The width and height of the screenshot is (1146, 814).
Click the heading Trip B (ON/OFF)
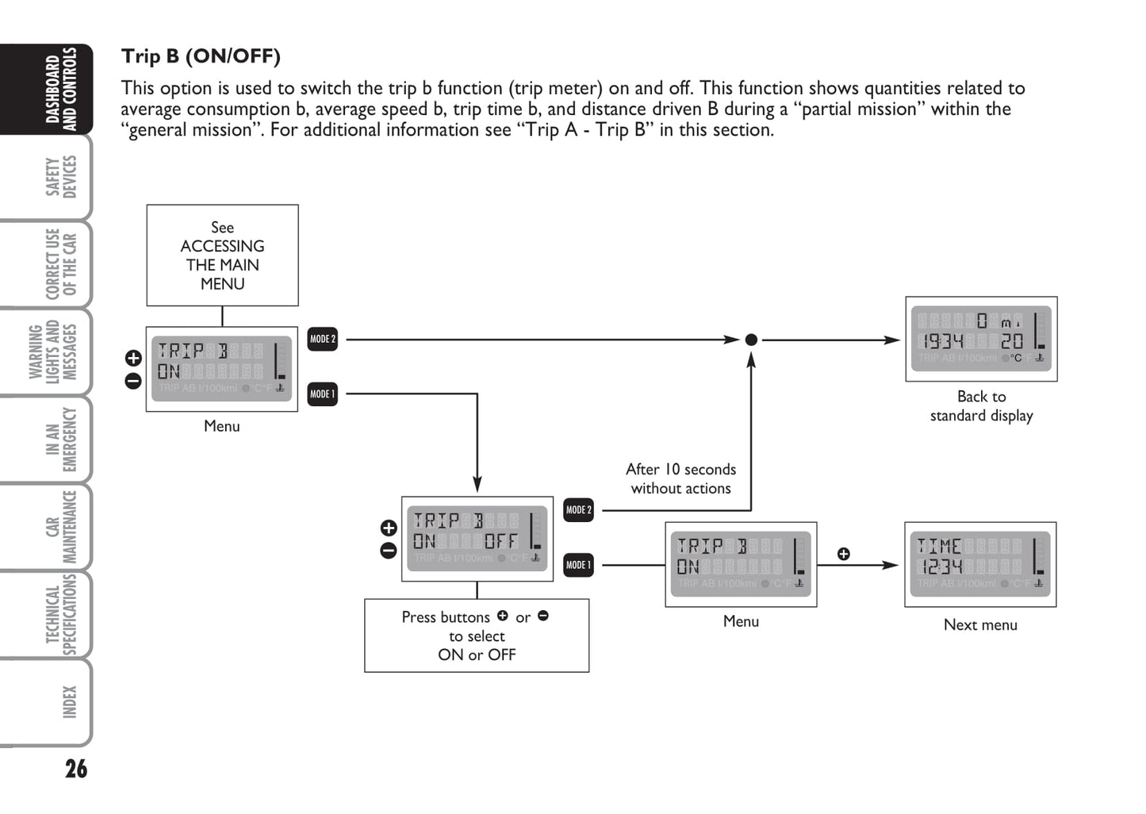tap(201, 56)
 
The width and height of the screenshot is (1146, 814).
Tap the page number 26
tap(76, 768)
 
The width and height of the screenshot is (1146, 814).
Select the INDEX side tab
tap(69, 702)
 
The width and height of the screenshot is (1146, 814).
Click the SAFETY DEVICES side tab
tap(61, 176)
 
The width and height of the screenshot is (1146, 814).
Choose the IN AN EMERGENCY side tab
tap(61, 439)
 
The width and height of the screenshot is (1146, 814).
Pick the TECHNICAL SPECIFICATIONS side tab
tap(61, 615)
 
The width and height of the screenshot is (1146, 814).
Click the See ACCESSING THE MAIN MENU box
tap(222, 255)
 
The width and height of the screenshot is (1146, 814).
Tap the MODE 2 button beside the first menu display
tap(322, 339)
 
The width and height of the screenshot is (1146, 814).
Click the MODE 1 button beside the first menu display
tap(322, 394)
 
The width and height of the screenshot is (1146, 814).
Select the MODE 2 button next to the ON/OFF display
tap(578, 510)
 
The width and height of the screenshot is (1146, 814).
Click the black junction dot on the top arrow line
tap(751, 340)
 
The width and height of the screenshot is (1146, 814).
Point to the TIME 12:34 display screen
tap(980, 564)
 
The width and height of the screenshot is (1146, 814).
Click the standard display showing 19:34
tap(981, 340)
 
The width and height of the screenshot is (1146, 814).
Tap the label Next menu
tap(980, 625)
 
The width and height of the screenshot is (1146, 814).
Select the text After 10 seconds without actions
tap(680, 479)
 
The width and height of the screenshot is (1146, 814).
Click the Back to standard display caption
tap(981, 406)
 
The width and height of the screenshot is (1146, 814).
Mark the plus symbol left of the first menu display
tap(133, 359)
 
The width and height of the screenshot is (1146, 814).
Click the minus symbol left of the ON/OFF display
tap(389, 550)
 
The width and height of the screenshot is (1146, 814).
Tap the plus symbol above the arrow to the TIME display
tap(844, 554)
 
